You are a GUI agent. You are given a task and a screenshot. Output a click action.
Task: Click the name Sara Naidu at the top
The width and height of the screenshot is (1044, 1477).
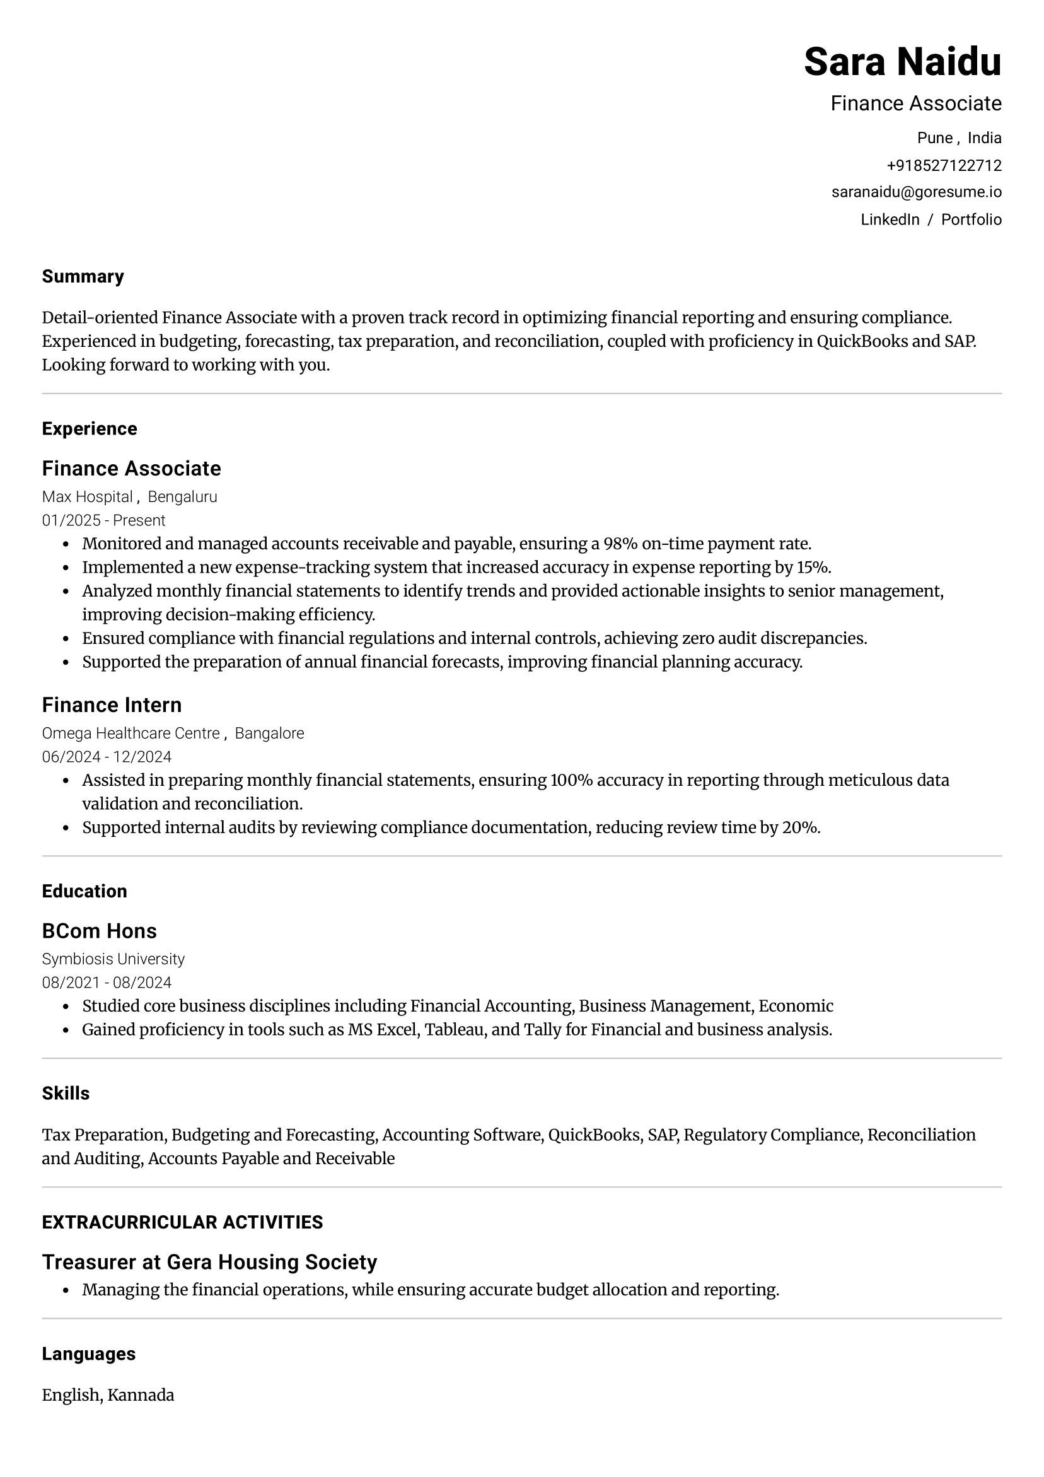tap(902, 62)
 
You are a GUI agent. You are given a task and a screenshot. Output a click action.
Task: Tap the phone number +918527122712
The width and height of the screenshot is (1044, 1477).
tap(944, 166)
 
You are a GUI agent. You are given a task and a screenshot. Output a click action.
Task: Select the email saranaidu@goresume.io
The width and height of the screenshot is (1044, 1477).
tap(916, 192)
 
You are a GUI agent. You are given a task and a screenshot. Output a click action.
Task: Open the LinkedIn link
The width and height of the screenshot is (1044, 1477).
tap(890, 220)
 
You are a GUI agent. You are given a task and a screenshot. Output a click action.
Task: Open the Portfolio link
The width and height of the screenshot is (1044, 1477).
tap(971, 220)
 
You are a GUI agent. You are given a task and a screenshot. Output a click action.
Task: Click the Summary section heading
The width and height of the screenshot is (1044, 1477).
tap(83, 277)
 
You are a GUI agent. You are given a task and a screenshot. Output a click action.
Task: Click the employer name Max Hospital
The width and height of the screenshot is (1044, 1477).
tap(87, 496)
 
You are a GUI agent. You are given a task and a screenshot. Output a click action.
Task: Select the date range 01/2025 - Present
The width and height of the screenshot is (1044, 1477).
tap(103, 520)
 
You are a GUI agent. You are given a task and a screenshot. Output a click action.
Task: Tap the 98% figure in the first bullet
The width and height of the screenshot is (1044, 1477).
tap(620, 544)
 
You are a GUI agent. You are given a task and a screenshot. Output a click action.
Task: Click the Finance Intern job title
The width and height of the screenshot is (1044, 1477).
tap(112, 705)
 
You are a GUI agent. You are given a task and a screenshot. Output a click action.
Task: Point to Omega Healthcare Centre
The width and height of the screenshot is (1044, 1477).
tap(130, 733)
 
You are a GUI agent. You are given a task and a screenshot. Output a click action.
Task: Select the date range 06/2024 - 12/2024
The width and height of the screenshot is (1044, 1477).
tap(107, 757)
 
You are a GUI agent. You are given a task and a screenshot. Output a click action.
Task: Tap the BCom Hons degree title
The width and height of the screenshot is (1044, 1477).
tap(99, 931)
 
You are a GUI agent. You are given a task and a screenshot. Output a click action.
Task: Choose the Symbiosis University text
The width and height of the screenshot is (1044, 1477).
tap(113, 959)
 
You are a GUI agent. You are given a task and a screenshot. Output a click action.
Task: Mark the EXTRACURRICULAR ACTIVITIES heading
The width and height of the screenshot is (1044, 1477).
tap(182, 1222)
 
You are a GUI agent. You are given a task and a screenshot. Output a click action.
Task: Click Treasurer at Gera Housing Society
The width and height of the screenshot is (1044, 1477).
tap(209, 1262)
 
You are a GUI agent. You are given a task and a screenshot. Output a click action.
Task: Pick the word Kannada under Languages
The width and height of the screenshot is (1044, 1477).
tap(140, 1395)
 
